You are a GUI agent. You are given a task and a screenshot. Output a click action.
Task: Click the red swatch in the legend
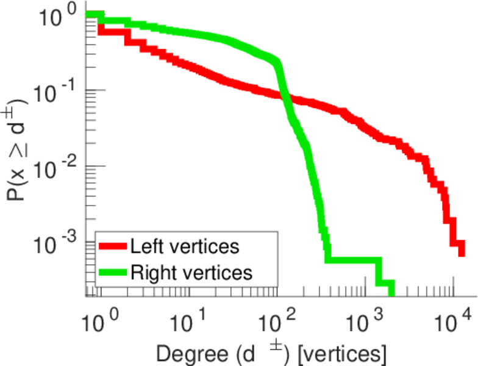coord(113,246)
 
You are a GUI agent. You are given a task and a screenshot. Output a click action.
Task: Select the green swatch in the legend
coord(113,272)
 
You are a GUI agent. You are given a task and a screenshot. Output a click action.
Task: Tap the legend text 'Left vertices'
coord(184,246)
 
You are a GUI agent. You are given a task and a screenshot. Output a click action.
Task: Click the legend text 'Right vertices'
coord(190,272)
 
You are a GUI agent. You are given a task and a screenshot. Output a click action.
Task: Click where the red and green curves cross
coord(285,97)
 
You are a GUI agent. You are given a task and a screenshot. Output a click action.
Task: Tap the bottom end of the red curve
coord(462,250)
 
